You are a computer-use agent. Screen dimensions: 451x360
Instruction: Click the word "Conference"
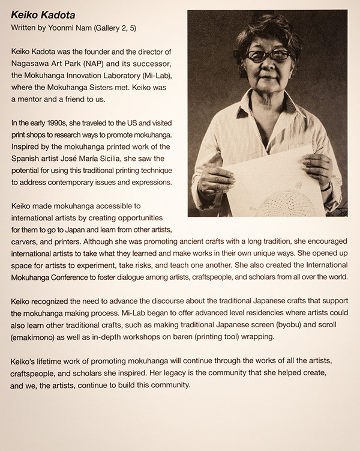click(x=75, y=278)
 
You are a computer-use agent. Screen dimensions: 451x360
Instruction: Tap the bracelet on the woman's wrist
click(x=326, y=187)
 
